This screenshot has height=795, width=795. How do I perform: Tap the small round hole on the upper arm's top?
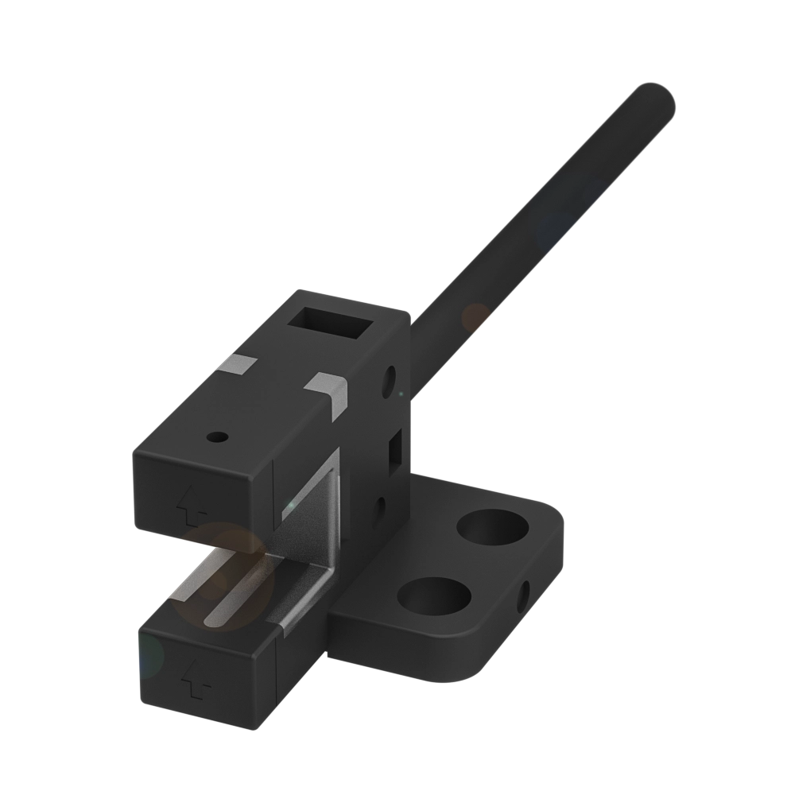(215, 437)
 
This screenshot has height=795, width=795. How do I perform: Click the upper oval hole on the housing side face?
(390, 382)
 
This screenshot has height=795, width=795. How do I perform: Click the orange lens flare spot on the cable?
(476, 316)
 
